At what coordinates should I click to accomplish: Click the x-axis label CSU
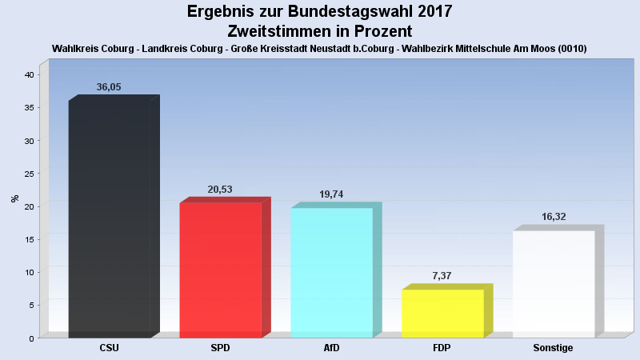click(110, 348)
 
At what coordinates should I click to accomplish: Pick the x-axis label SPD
click(220, 348)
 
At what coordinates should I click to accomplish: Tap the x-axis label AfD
click(331, 348)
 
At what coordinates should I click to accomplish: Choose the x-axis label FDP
click(442, 348)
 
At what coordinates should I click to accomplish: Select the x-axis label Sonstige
click(553, 348)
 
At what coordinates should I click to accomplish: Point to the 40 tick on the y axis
click(29, 74)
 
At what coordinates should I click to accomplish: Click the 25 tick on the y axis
click(29, 174)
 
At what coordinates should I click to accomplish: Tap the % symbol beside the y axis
click(14, 198)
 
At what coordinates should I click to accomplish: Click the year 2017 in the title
click(434, 12)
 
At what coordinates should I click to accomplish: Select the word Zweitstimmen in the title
click(278, 31)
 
